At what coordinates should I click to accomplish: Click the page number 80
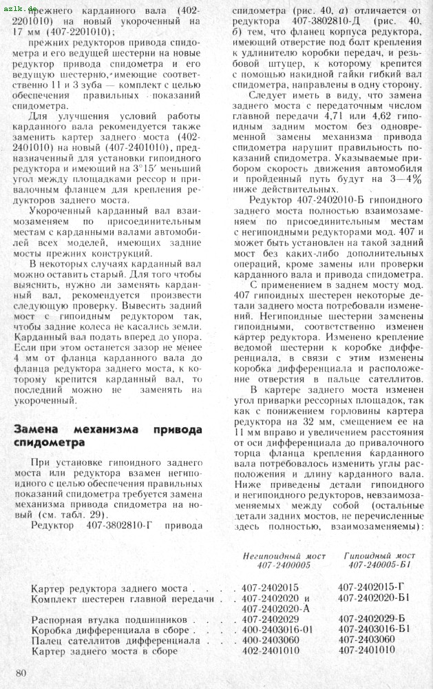(x=21, y=672)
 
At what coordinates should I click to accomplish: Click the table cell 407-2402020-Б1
(x=378, y=597)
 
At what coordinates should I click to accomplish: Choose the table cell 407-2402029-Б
(x=375, y=619)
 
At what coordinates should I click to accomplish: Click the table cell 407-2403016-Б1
(x=378, y=629)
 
